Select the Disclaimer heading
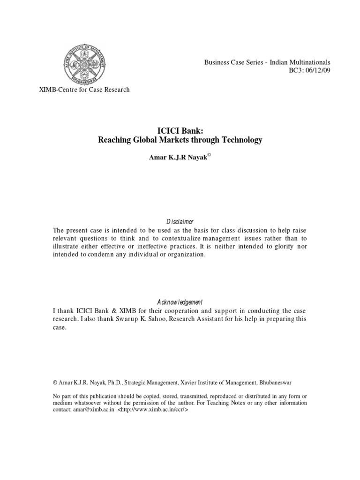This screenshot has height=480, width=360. (180, 221)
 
